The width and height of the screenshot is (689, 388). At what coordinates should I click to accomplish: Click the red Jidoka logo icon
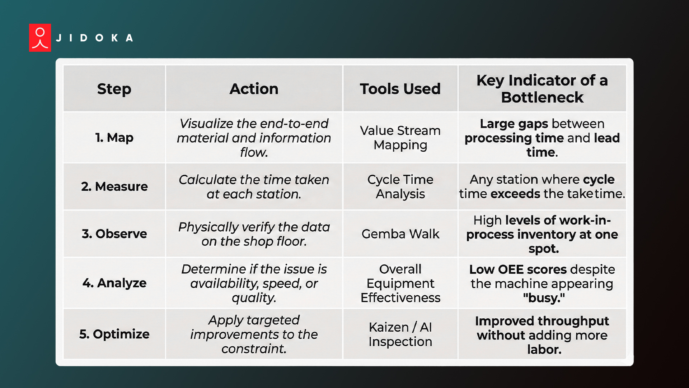40,38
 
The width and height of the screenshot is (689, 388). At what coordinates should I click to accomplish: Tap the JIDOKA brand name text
95,38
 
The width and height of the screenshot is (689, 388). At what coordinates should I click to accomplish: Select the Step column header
114,89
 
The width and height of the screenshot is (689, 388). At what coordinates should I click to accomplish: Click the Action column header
254,89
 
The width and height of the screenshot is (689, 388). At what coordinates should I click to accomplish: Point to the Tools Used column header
400,89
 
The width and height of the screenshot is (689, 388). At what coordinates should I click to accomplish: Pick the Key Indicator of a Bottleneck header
542,89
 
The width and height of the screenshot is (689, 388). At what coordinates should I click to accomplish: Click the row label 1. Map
114,138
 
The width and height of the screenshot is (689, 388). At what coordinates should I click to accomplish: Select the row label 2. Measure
114,186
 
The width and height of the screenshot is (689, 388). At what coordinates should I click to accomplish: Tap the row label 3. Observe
114,234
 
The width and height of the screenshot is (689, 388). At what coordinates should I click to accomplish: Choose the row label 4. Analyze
114,283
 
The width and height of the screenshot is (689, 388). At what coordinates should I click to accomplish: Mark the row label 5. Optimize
114,334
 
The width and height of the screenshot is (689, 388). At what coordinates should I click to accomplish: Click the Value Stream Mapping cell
400,138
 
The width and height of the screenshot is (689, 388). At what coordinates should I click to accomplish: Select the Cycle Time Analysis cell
400,186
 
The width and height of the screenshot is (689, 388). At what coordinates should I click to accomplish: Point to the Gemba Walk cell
400,234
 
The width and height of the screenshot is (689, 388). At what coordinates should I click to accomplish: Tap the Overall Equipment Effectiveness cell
400,283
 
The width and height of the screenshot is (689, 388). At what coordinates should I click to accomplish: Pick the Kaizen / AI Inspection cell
400,334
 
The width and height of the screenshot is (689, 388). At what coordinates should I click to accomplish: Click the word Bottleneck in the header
542,97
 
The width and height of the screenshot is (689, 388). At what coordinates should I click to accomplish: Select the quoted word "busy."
544,298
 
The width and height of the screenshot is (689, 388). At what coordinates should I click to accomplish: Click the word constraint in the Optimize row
254,349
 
